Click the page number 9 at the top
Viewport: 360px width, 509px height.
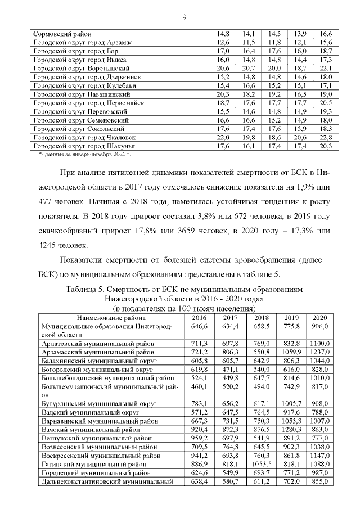(x=184, y=16)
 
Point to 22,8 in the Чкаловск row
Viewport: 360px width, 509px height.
(x=326, y=138)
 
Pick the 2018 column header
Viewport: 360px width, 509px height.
(x=262, y=317)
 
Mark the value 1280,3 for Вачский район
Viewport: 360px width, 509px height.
(x=291, y=429)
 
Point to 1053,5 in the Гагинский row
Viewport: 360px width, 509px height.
(x=262, y=464)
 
